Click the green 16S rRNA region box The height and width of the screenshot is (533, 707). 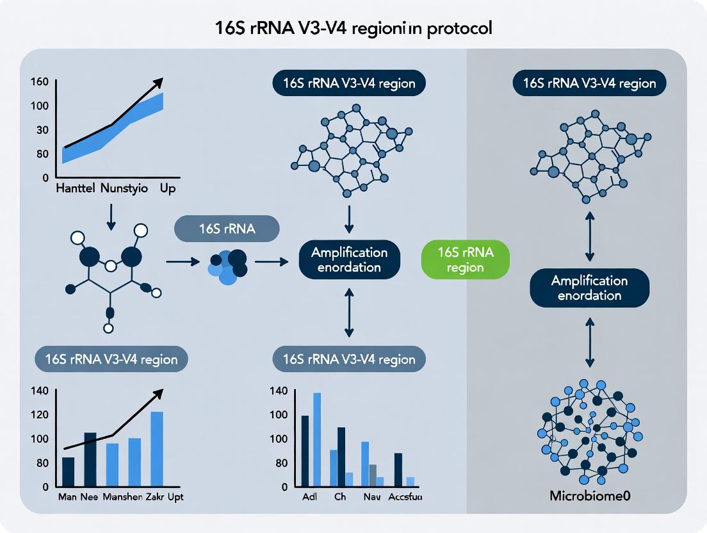pyautogui.click(x=466, y=259)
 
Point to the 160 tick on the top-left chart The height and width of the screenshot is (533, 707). pyautogui.click(x=39, y=82)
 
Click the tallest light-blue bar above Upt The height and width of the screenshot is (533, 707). pyautogui.click(x=157, y=448)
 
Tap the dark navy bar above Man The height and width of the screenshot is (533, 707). pyautogui.click(x=68, y=472)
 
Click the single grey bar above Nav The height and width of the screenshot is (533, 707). pyautogui.click(x=373, y=477)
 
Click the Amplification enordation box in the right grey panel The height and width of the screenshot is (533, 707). pyautogui.click(x=589, y=288)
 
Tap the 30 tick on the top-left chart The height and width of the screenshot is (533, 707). pyautogui.click(x=42, y=130)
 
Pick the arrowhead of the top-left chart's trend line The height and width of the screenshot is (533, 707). pyautogui.click(x=159, y=81)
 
